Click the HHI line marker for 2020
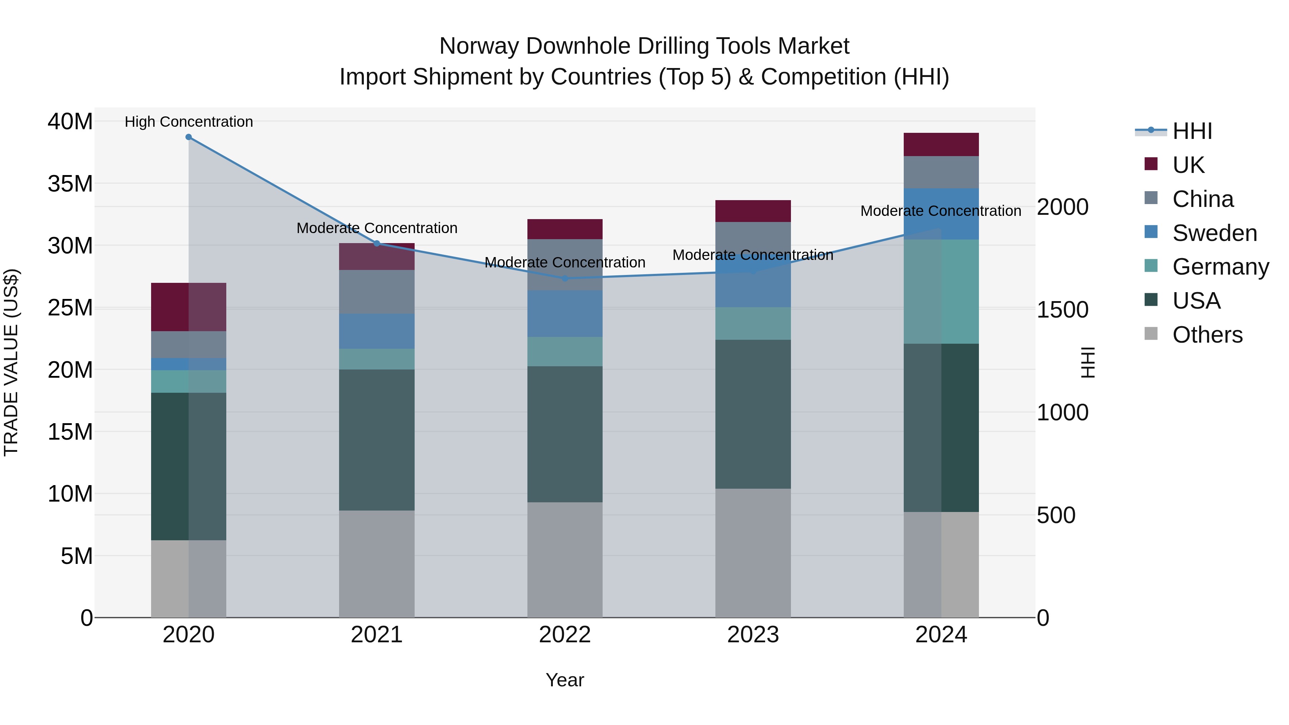pyautogui.click(x=189, y=137)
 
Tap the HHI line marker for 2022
pyautogui.click(x=565, y=278)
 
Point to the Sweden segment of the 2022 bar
pyautogui.click(x=565, y=314)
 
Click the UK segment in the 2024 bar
pyautogui.click(x=941, y=145)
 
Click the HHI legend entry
pyautogui.click(x=1192, y=131)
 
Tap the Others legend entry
pyautogui.click(x=1207, y=335)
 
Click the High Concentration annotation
pyautogui.click(x=189, y=122)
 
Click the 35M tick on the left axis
pyautogui.click(x=70, y=184)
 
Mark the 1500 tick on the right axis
pyautogui.click(x=1062, y=310)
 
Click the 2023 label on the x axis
pyautogui.click(x=753, y=635)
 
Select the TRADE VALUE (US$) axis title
pyautogui.click(x=11, y=362)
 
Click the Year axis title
pyautogui.click(x=565, y=680)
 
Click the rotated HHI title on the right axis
pyautogui.click(x=1088, y=362)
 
